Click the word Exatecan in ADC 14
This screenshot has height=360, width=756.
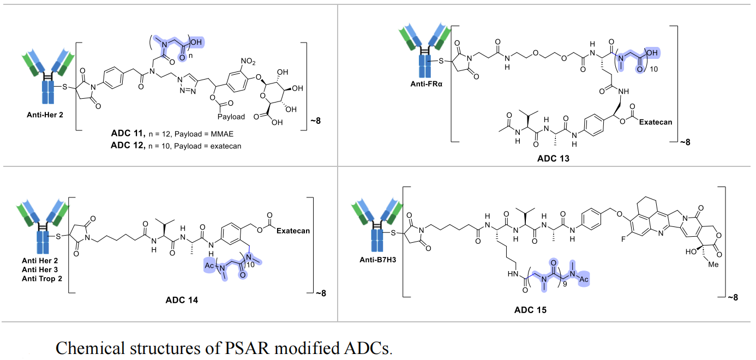pyautogui.click(x=292, y=231)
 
